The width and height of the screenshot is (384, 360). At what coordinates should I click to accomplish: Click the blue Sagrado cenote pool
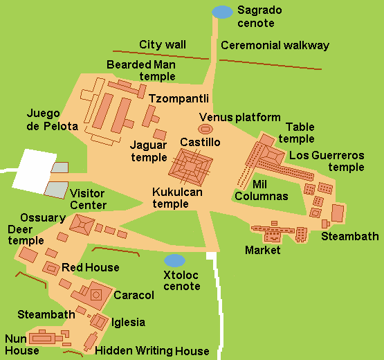click(x=222, y=11)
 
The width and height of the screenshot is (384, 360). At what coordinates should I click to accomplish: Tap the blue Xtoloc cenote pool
click(x=175, y=260)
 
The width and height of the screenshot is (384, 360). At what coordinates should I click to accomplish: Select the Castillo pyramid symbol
click(x=191, y=166)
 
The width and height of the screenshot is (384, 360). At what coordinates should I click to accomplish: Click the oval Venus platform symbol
click(x=206, y=129)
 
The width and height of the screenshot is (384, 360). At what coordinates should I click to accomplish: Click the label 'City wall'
click(x=162, y=44)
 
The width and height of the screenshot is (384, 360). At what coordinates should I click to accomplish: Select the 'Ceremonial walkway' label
click(x=275, y=46)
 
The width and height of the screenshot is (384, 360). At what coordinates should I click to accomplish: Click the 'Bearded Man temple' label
click(x=140, y=70)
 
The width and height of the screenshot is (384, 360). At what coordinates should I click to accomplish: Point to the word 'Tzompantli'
click(x=179, y=98)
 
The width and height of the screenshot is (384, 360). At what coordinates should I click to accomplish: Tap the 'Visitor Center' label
click(x=88, y=199)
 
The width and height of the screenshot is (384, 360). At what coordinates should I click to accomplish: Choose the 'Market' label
click(x=263, y=250)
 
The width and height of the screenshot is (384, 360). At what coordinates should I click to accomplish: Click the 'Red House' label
click(x=90, y=267)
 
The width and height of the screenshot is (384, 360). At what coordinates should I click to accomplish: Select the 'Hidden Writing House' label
click(x=152, y=351)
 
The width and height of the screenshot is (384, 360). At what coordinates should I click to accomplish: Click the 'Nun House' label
click(x=21, y=345)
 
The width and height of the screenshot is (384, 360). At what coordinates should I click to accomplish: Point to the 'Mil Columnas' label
click(x=261, y=190)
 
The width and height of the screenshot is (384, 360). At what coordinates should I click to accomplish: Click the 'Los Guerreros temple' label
click(x=327, y=161)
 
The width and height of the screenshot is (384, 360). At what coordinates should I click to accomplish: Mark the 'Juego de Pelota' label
click(x=53, y=120)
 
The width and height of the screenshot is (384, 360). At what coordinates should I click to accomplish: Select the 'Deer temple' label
click(x=25, y=235)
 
